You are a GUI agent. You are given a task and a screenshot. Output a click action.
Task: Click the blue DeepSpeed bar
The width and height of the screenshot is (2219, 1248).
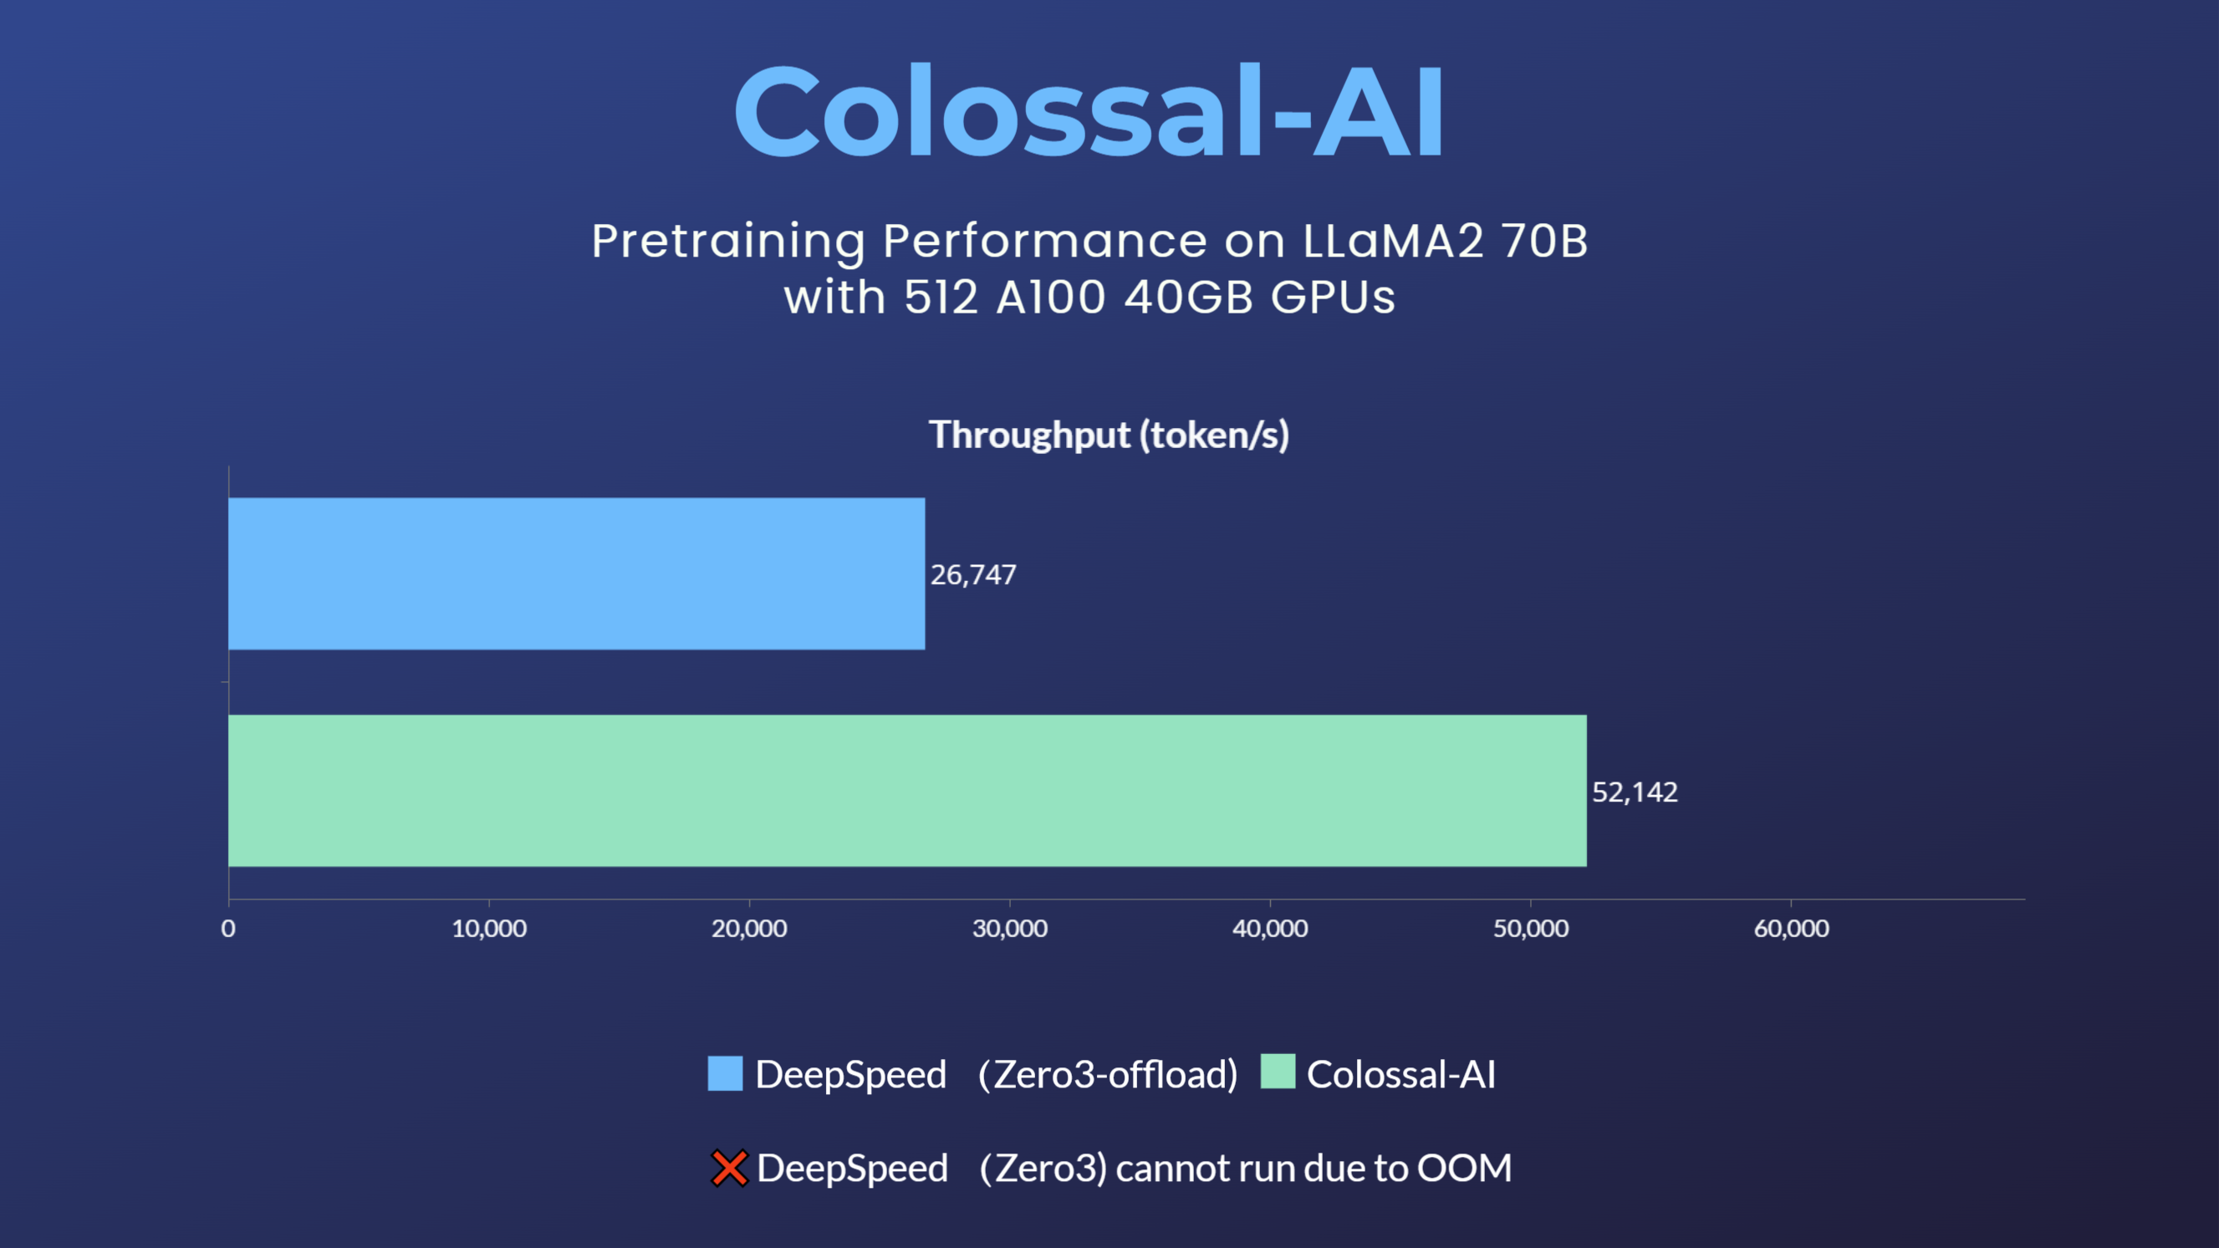(x=576, y=573)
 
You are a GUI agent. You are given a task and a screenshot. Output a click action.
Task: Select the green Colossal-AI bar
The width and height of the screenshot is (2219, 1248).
(x=907, y=791)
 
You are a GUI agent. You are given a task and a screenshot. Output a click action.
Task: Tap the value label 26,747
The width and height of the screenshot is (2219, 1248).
(x=973, y=575)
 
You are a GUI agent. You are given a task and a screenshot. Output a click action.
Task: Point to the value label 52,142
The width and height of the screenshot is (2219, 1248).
(x=1634, y=792)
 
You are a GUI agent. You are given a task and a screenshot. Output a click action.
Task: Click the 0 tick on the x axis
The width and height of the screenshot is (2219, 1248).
(x=228, y=929)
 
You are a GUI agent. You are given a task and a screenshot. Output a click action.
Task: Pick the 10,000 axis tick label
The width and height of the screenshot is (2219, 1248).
(x=489, y=929)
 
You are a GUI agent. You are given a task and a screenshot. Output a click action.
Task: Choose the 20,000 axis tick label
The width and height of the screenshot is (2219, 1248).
(x=749, y=929)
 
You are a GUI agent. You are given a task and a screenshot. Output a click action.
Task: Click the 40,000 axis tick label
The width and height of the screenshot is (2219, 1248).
(x=1270, y=929)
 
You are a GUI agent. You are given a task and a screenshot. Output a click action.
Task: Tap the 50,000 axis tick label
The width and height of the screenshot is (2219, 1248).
(x=1531, y=929)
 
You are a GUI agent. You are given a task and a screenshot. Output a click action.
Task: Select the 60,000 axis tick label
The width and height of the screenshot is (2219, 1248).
(x=1792, y=929)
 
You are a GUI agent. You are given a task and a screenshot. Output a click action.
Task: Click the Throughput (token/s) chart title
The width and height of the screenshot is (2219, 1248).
(x=1109, y=435)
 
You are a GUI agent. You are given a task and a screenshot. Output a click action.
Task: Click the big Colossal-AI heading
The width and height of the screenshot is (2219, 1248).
(x=1089, y=112)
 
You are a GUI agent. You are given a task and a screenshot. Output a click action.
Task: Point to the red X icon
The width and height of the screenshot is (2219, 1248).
(x=729, y=1168)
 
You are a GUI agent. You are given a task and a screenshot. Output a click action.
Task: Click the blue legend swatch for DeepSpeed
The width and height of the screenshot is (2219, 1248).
(x=724, y=1073)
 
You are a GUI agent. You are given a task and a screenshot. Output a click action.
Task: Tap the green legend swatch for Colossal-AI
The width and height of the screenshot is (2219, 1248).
(x=1278, y=1072)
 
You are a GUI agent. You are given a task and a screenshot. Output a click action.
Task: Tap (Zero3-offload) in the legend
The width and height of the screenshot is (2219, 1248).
(x=1108, y=1075)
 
